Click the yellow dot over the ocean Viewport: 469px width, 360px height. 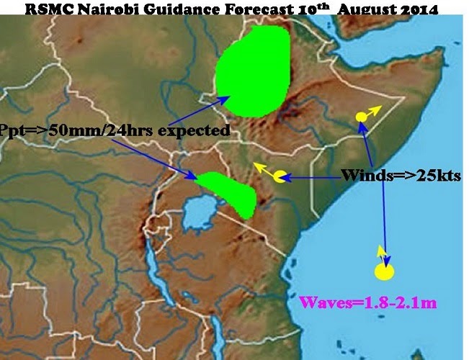click(385, 272)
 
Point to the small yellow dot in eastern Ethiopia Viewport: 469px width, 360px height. click(362, 117)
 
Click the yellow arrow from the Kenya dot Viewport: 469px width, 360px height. click(264, 171)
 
